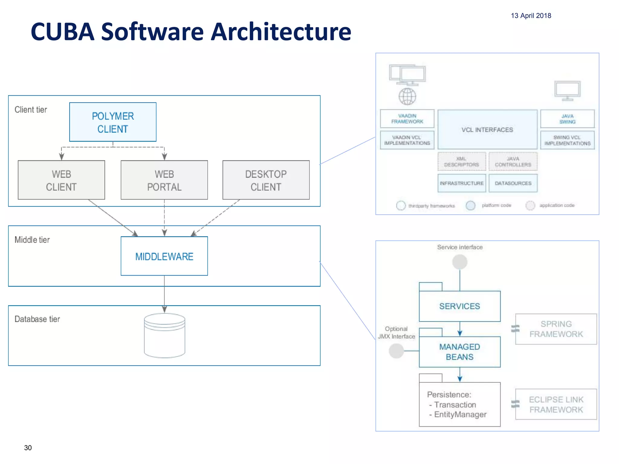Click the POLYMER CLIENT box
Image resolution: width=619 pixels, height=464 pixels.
pos(113,122)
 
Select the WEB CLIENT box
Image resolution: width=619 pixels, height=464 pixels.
pos(61,180)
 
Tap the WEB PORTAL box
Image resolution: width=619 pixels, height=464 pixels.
pos(164,180)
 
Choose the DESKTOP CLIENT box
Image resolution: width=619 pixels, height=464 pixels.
pos(266,180)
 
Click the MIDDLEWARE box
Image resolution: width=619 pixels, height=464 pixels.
pos(164,256)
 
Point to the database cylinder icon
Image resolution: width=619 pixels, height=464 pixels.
pos(164,335)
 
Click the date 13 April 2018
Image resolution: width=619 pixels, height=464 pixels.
pos(531,16)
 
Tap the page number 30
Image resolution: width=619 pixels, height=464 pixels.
pos(28,448)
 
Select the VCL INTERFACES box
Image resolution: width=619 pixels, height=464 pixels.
pos(487,130)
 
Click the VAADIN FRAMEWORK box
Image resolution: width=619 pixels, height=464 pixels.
pos(407,119)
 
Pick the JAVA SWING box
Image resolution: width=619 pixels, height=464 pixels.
pos(567,119)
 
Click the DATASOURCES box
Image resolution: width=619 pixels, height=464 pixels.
pos(513,183)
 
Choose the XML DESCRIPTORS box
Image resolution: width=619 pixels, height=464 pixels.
pos(462,162)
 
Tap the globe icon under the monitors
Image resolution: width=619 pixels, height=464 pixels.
pos(407,96)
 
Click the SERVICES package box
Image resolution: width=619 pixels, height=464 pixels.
pos(459,306)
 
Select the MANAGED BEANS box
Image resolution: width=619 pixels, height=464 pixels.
pos(459,352)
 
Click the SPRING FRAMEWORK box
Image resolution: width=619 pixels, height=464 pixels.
pos(556,329)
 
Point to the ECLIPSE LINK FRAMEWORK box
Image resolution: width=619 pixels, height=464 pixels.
pos(556,404)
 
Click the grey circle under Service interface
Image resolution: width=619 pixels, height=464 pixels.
pos(460,262)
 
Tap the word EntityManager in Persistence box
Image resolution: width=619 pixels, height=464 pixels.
pos(460,414)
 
